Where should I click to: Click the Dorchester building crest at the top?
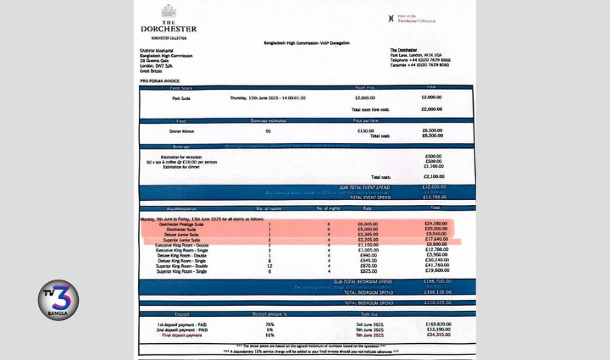click(x=168, y=12)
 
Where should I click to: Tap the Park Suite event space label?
click(x=180, y=98)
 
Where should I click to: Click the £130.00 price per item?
click(x=365, y=130)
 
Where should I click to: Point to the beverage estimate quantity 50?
click(x=269, y=130)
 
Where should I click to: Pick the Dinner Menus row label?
click(x=181, y=130)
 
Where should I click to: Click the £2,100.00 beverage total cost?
click(x=433, y=176)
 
